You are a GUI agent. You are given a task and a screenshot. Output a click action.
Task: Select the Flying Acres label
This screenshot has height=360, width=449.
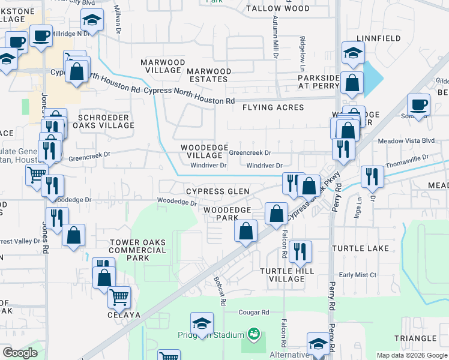coord(273,107)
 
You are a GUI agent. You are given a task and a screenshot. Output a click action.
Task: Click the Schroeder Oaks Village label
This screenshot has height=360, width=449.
coord(103,121)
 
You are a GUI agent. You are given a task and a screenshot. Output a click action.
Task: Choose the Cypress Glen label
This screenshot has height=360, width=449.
coord(217,191)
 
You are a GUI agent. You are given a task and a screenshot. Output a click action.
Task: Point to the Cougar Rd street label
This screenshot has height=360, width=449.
coord(255,313)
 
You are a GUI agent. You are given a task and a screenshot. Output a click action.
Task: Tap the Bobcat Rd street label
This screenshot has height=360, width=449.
coord(219,291)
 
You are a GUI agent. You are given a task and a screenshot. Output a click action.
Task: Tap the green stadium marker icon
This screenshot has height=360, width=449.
coord(254,333)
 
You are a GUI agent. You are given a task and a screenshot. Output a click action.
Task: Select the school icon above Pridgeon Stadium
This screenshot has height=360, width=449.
coord(202,322)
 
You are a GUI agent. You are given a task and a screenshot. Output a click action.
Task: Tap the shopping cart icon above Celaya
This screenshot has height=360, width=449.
coord(119,296)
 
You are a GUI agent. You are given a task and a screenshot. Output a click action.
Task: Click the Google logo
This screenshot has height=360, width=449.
coord(20,353)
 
